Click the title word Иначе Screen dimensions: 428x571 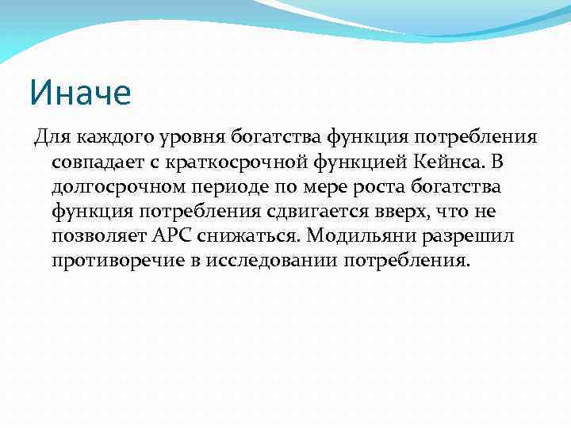point(79,93)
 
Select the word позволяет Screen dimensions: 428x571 point(100,237)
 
